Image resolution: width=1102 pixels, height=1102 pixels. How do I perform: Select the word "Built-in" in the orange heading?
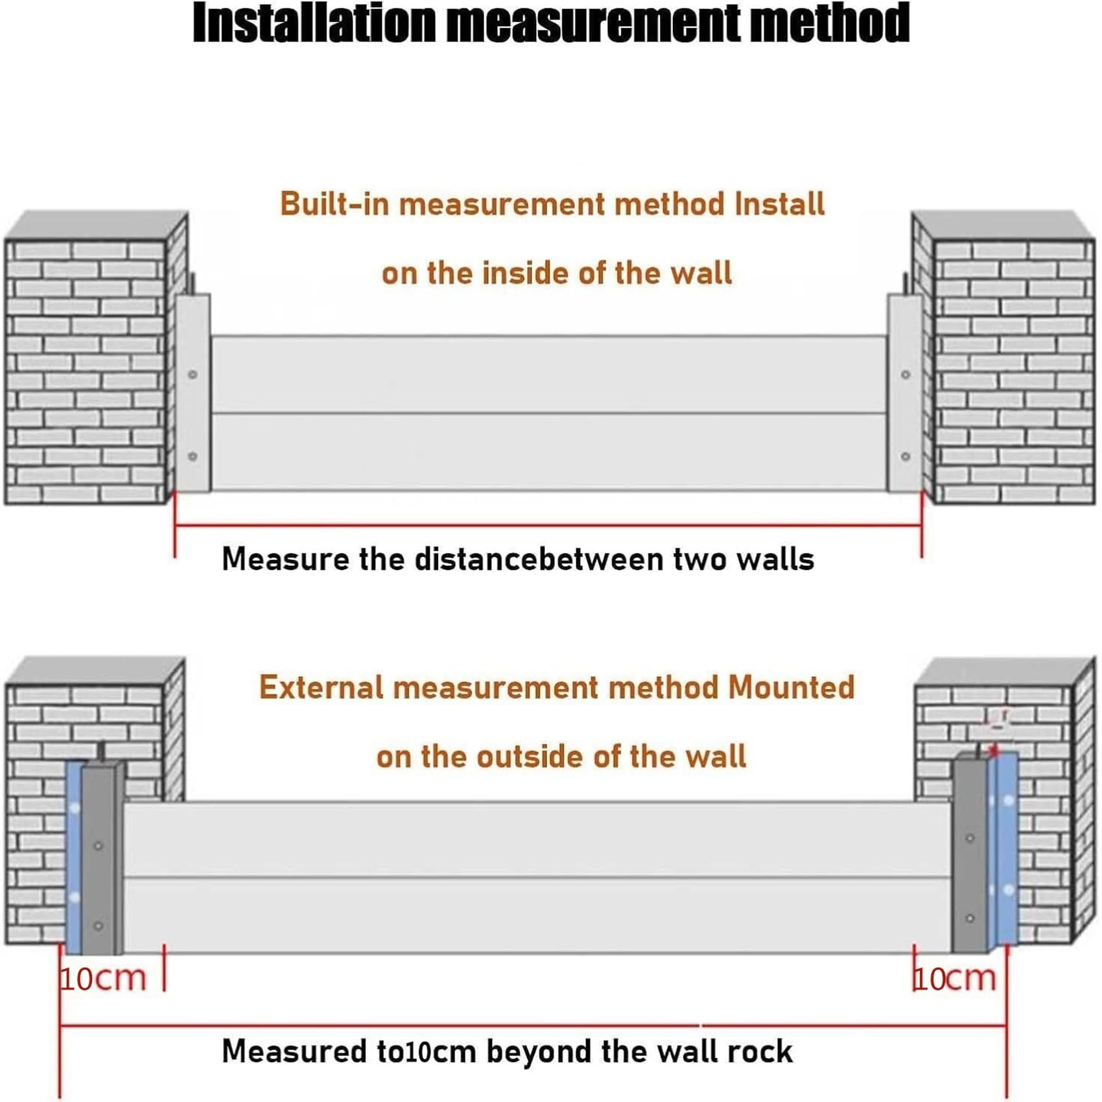(x=334, y=204)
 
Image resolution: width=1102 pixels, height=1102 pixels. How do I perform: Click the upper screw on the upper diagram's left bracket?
(x=193, y=375)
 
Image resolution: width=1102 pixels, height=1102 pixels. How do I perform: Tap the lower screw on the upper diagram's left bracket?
(x=193, y=456)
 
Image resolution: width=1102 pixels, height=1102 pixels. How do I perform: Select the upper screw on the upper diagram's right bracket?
(x=906, y=375)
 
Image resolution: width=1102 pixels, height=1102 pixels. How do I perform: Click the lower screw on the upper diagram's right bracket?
(x=906, y=456)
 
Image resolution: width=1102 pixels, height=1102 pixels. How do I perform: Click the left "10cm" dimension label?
(x=103, y=978)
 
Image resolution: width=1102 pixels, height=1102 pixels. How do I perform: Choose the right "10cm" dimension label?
(x=954, y=978)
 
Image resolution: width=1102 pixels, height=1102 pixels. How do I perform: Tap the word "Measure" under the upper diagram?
(x=286, y=559)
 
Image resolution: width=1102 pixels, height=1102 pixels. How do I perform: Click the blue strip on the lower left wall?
(x=74, y=857)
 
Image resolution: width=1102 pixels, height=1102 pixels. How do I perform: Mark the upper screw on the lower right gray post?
(x=970, y=838)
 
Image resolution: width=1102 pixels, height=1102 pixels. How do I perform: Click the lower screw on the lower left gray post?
(x=99, y=926)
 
